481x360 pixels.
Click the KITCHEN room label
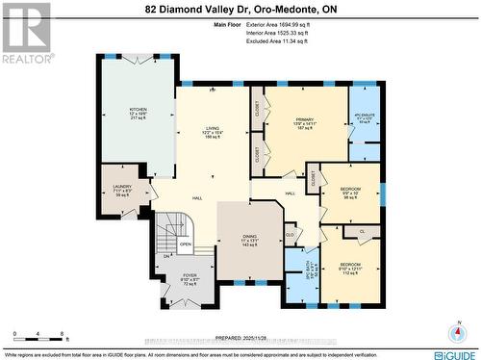pos(138,110)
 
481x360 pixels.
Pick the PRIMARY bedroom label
pos(305,120)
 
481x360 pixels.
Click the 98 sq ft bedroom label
pos(351,189)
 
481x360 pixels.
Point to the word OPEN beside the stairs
pos(186,244)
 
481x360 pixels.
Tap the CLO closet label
pos(290,234)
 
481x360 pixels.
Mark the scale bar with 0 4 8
pos(38,338)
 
